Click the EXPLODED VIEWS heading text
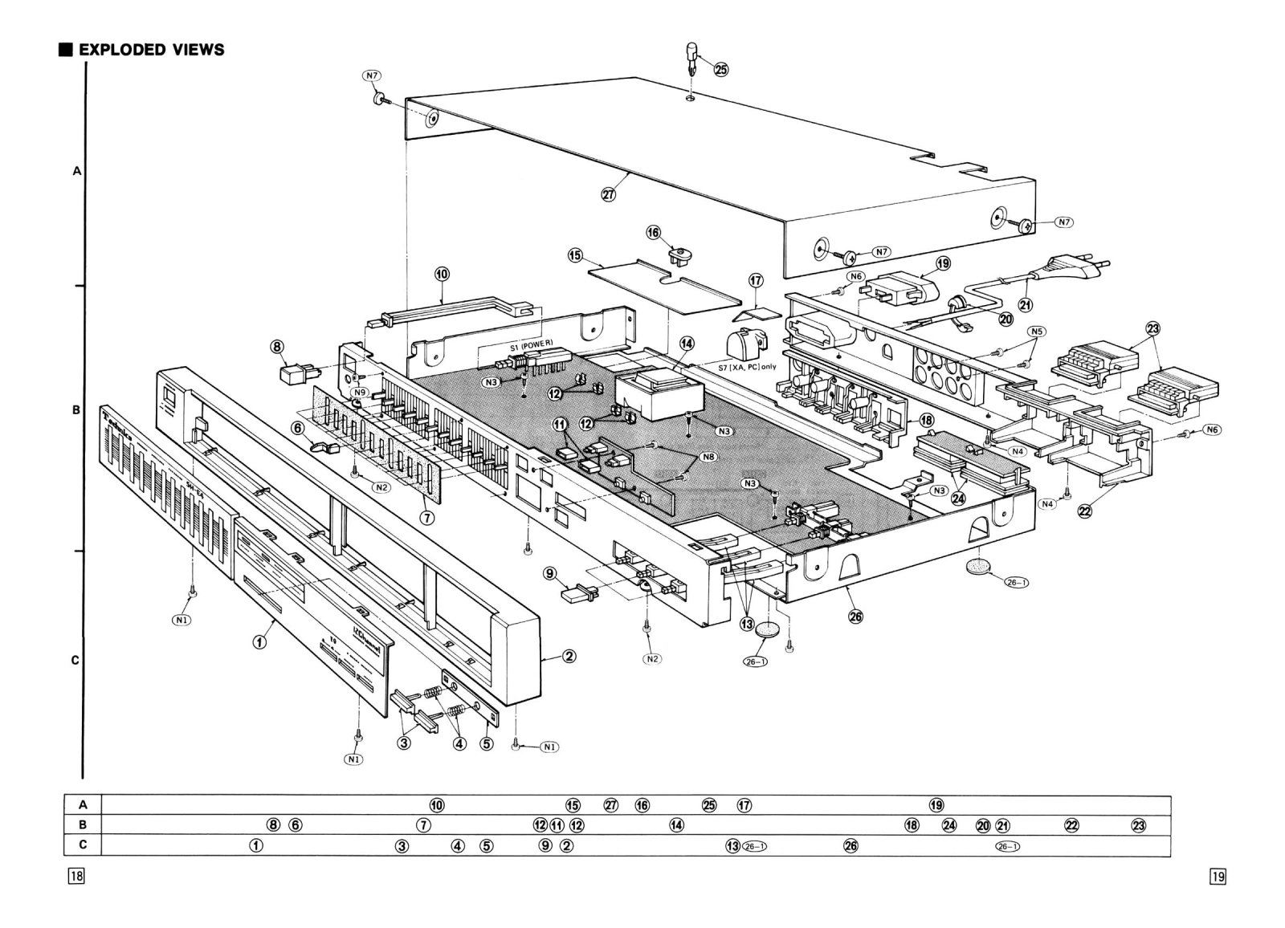[x=151, y=50]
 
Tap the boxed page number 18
[x=76, y=876]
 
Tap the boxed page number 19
[x=1218, y=877]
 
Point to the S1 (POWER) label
[x=531, y=346]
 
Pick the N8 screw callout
[x=708, y=457]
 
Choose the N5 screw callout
[x=1037, y=332]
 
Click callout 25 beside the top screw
[x=720, y=70]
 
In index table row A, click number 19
[x=936, y=805]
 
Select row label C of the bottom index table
[x=83, y=845]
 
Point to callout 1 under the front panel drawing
[x=259, y=642]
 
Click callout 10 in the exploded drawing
[x=442, y=274]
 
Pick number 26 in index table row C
[x=851, y=845]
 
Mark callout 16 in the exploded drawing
[x=654, y=232]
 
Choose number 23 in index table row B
[x=1138, y=825]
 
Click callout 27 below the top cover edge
[x=608, y=193]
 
